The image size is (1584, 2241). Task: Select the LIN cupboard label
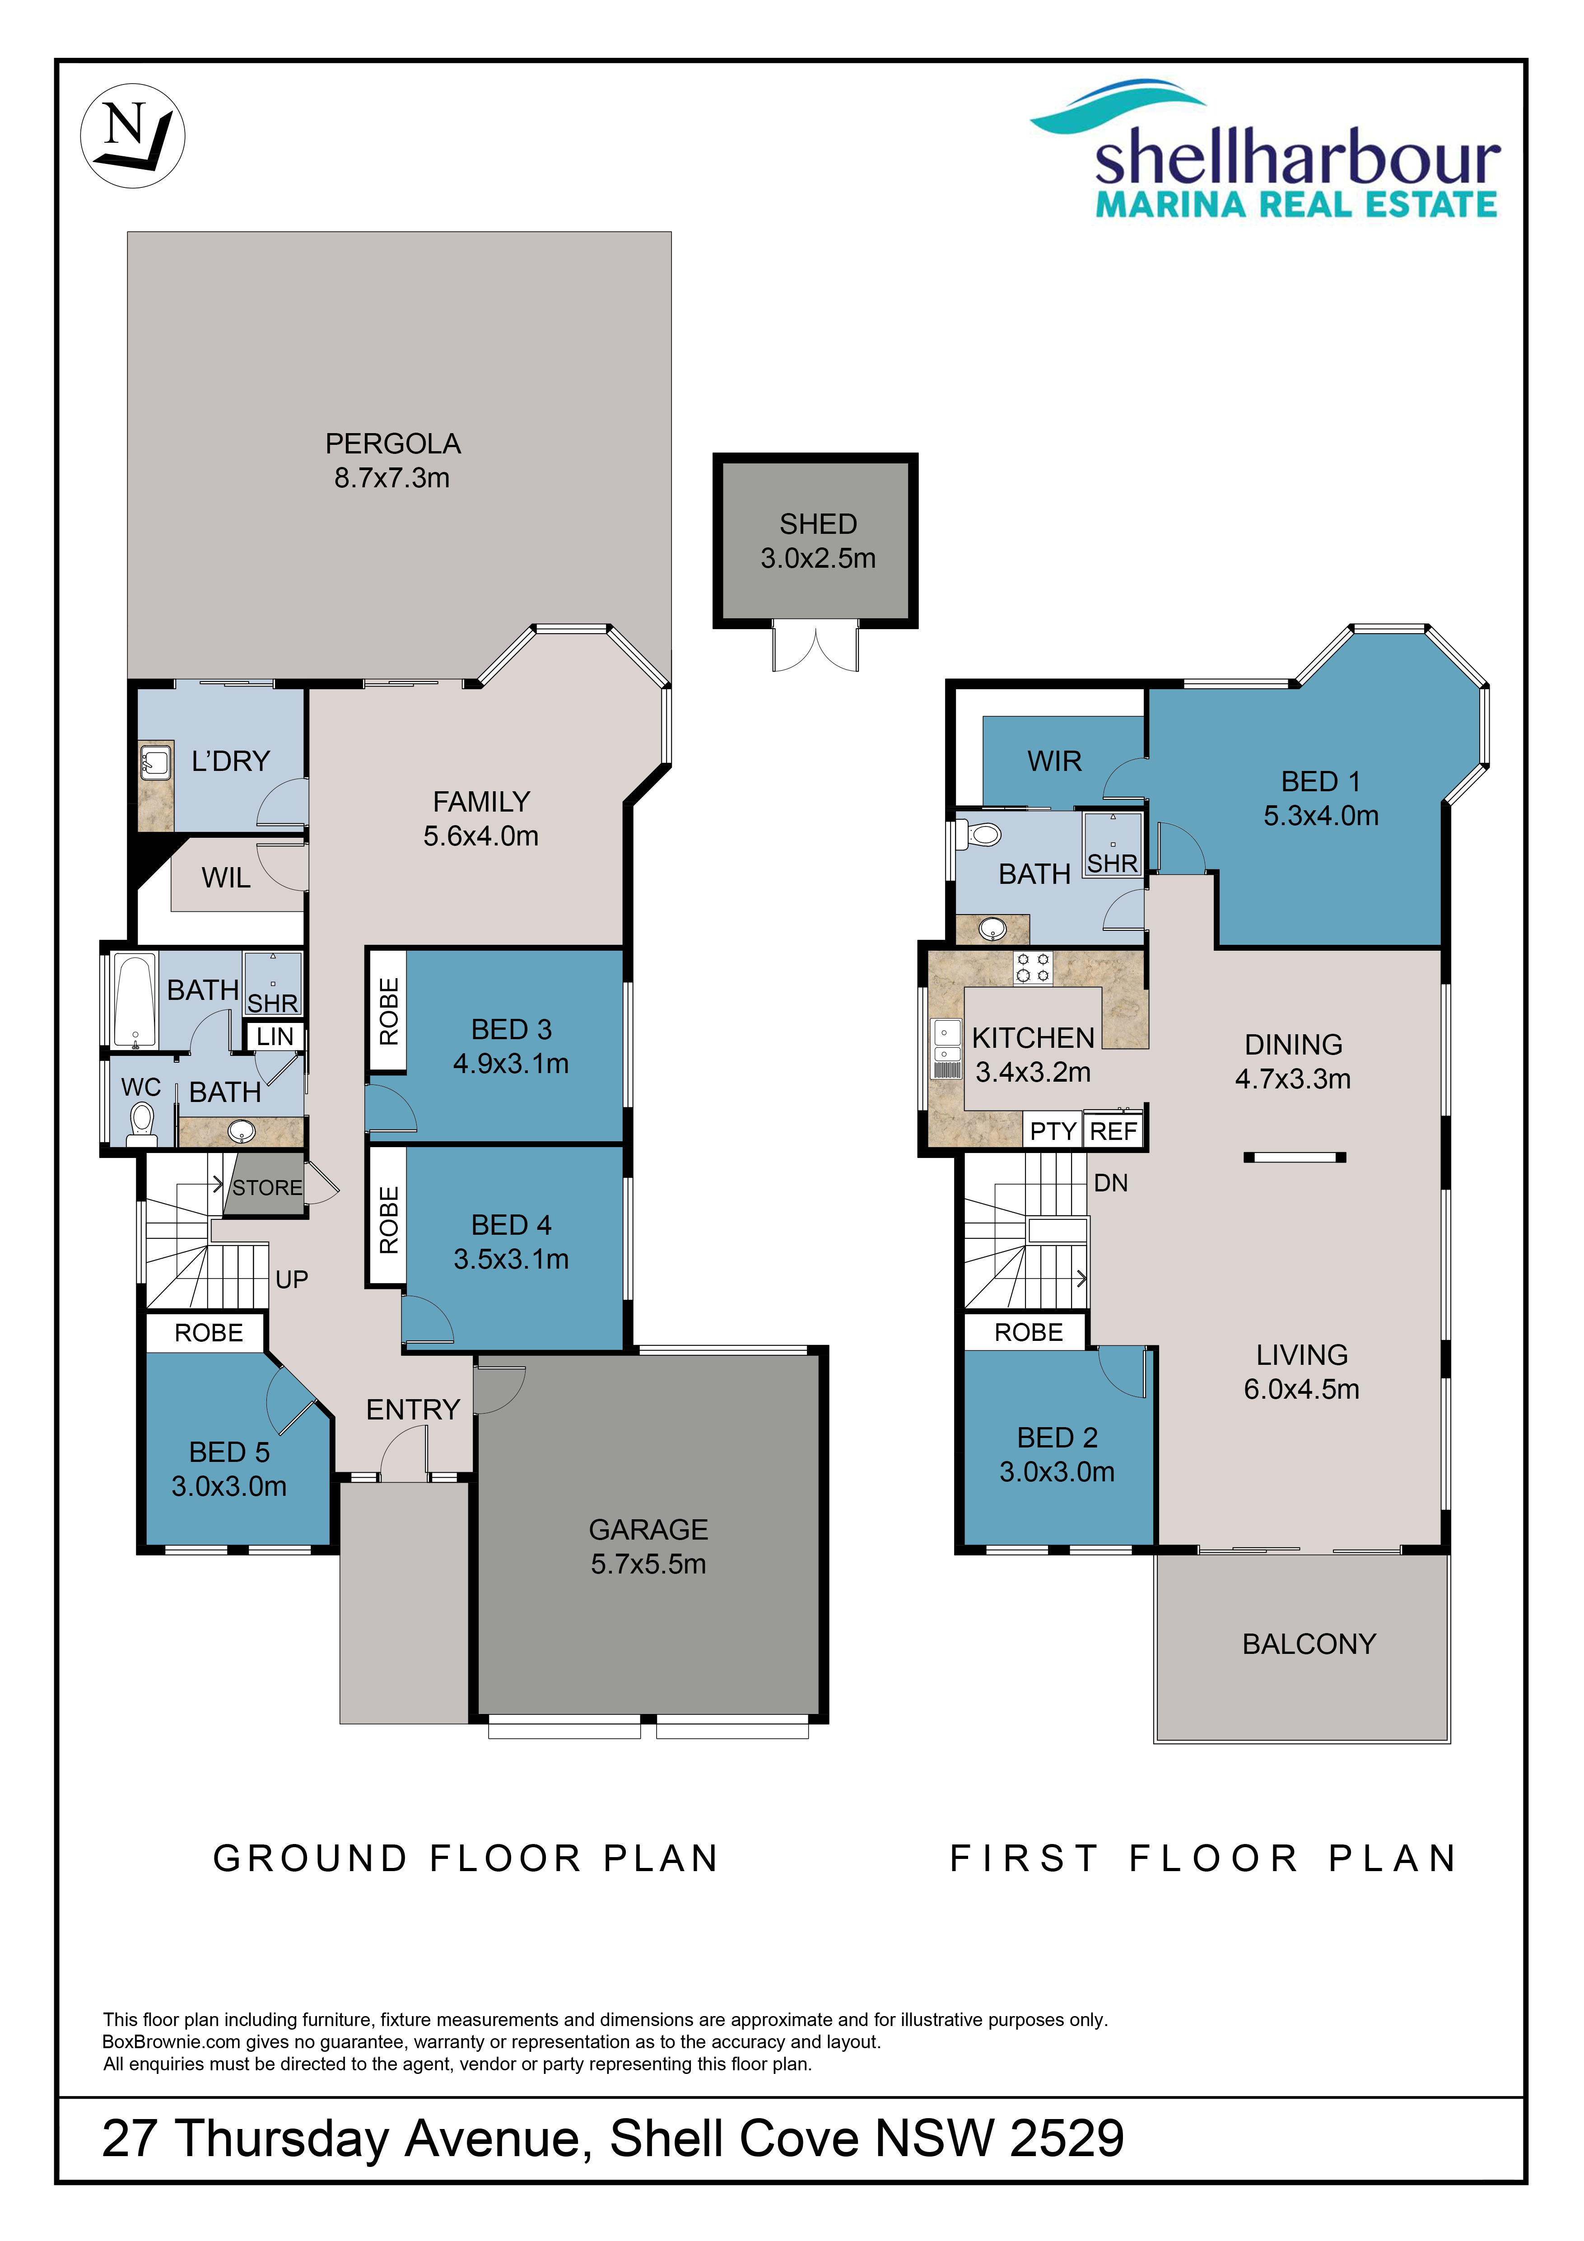(x=275, y=1036)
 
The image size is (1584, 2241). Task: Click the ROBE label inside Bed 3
(x=388, y=1011)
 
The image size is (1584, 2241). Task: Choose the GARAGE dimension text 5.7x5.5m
(x=648, y=1564)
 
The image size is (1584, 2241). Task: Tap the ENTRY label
(x=413, y=1410)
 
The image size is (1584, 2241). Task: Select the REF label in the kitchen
(x=1113, y=1131)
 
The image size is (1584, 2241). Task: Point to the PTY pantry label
(x=1053, y=1131)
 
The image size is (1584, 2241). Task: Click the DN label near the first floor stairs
(x=1111, y=1183)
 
